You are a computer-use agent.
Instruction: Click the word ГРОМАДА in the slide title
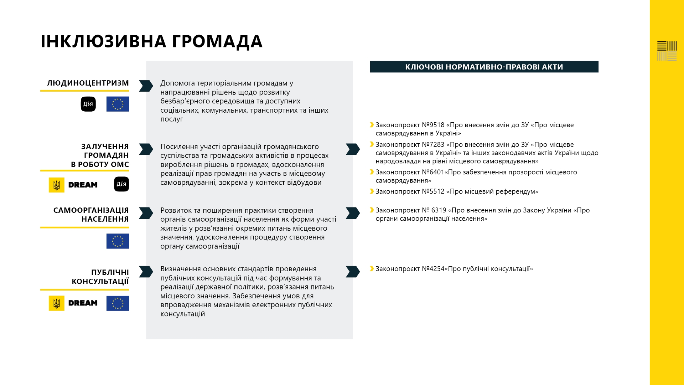coord(217,41)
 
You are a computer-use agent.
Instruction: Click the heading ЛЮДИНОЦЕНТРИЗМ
coord(88,83)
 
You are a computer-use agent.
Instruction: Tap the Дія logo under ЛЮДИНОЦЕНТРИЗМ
coord(88,104)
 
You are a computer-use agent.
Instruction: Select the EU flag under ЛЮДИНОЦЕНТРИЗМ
coord(118,104)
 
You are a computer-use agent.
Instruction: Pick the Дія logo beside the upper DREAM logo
coord(121,184)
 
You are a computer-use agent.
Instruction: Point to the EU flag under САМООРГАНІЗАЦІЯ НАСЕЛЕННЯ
coord(118,241)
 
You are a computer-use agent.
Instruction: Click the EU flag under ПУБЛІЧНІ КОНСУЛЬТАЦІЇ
coord(118,303)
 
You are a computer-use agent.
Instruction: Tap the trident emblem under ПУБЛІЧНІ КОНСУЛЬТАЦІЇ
coord(57,303)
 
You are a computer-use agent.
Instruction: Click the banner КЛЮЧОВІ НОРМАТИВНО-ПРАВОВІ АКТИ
coord(484,67)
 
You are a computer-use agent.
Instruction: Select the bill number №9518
coord(433,125)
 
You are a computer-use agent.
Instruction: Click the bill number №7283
coord(433,145)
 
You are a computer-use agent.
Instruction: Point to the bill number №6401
coord(433,172)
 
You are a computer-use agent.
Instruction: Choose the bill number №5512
coord(433,191)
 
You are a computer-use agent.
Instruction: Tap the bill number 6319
coord(439,210)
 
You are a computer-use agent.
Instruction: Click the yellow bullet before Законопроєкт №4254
coord(372,269)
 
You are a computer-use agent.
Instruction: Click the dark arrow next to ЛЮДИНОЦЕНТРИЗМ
coord(146,86)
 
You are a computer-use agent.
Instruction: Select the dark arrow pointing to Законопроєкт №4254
coord(353,272)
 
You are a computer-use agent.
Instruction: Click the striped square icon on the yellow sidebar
coord(667,51)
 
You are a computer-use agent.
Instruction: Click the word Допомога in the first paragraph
coord(177,83)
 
